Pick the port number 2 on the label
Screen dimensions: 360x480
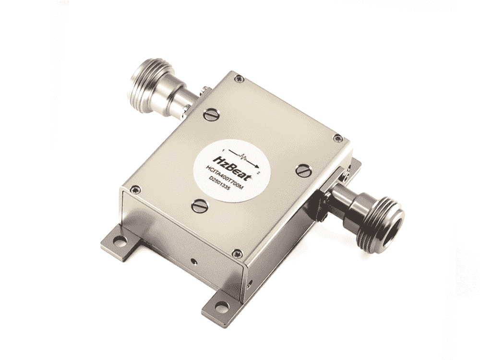tap(260, 171)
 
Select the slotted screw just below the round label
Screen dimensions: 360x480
tap(199, 206)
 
